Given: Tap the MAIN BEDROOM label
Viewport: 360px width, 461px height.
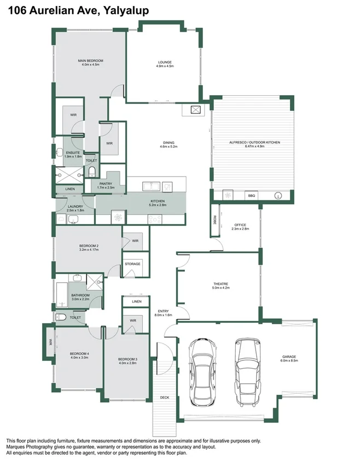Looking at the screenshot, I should click(90, 60).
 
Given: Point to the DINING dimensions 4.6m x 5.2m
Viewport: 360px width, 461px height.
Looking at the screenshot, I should click(169, 147).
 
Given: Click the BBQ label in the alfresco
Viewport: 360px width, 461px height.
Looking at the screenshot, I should click(252, 195).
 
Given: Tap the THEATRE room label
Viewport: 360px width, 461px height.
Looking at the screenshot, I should click(221, 283).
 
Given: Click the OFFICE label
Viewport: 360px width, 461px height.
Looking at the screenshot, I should click(240, 225).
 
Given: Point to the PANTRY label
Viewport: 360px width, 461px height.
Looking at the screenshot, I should click(106, 184).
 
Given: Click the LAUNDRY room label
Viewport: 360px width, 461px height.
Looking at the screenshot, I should click(76, 206).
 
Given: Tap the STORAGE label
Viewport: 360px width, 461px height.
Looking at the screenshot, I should click(133, 264).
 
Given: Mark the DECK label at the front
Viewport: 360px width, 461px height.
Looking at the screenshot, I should click(165, 398).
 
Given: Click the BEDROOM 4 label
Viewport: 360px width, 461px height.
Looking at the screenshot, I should click(79, 353).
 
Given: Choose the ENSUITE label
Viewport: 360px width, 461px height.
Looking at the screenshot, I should click(73, 153).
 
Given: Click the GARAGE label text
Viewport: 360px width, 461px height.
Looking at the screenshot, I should click(288, 357).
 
